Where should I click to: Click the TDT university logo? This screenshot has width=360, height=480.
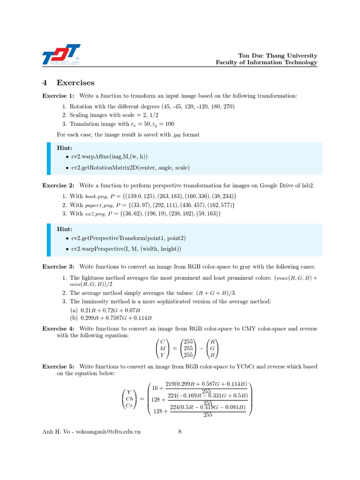61,55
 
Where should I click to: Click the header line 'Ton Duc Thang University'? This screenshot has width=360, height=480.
278,55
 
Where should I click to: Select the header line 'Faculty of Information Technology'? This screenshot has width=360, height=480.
266,62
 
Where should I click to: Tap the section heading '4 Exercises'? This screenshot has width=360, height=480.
68,83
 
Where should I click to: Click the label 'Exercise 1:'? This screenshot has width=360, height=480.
59,96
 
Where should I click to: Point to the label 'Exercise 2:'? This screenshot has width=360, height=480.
59,185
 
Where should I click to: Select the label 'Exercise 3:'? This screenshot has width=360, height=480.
59,266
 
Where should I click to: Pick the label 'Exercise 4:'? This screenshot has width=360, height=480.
59,329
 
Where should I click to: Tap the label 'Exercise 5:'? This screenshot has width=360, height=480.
59,366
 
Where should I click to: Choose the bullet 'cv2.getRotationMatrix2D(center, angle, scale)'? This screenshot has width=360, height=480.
130,167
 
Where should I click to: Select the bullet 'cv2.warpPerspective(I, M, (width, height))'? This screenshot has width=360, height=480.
126,249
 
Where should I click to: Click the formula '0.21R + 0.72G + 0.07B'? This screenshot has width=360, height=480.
110,310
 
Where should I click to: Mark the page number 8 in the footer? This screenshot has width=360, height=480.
180,432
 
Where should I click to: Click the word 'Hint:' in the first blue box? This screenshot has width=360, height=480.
65,147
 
